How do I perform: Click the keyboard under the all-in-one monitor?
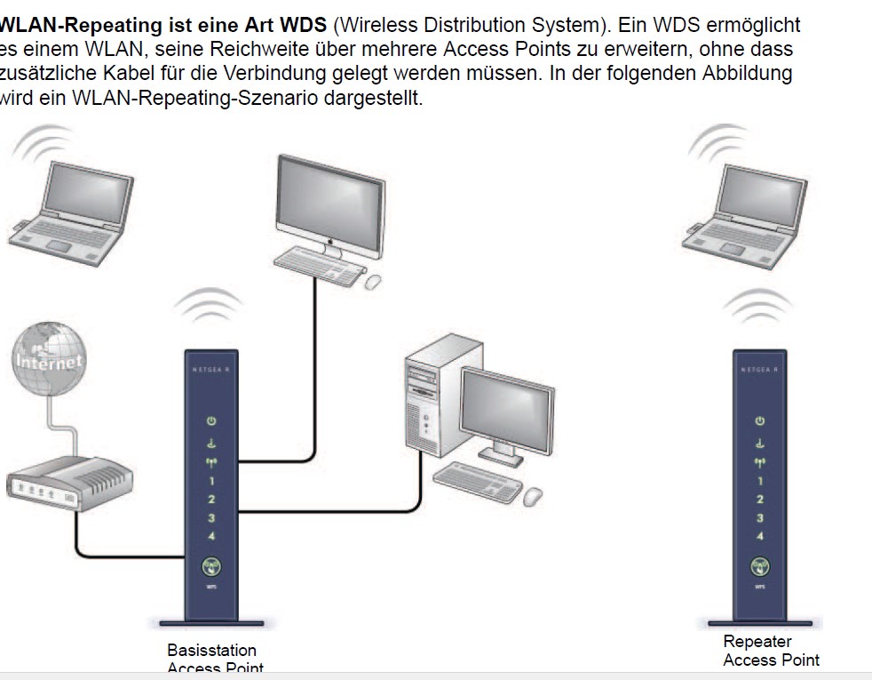coord(318,264)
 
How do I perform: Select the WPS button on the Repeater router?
coord(760,566)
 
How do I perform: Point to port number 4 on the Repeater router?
coord(760,535)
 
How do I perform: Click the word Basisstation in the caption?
coord(211,651)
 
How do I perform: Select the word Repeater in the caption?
coord(757,641)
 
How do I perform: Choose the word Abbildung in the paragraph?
coord(741,74)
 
